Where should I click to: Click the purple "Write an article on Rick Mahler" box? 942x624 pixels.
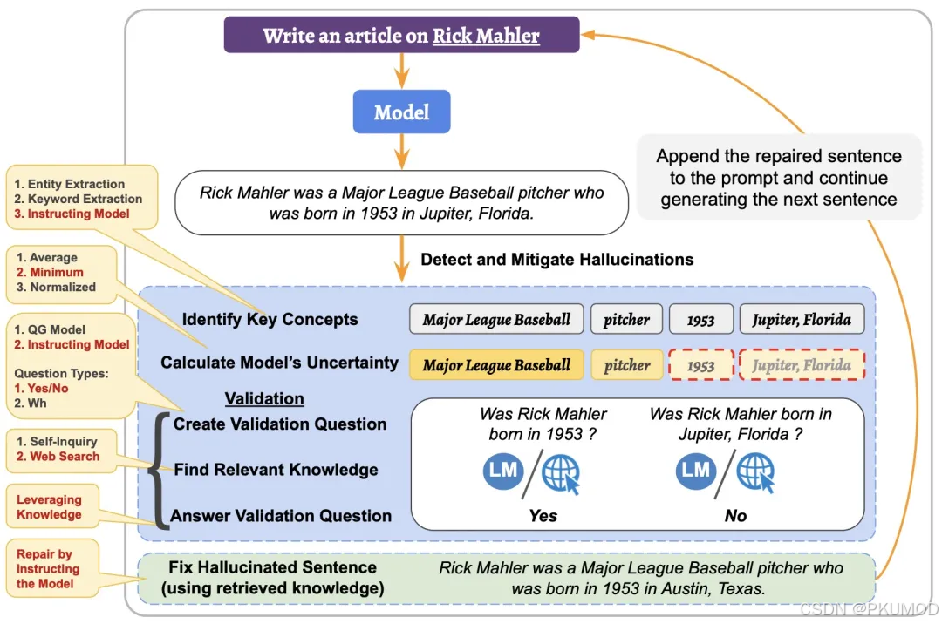[401, 36]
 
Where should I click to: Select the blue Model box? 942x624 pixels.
[401, 112]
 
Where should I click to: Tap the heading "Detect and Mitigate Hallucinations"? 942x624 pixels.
[556, 259]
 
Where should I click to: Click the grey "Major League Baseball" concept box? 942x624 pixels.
[496, 319]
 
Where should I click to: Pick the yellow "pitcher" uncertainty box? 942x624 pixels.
[627, 365]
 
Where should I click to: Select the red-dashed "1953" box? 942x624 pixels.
[700, 366]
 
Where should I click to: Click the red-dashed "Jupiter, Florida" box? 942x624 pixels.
[802, 365]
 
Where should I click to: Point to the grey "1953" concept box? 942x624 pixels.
[700, 320]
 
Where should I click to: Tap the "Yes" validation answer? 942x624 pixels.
[543, 515]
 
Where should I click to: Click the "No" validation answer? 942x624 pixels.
[735, 515]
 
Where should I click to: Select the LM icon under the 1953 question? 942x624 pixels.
[503, 471]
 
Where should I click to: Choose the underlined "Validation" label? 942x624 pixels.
[264, 398]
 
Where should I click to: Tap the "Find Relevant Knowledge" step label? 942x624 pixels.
[276, 470]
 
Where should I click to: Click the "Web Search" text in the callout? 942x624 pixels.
[65, 456]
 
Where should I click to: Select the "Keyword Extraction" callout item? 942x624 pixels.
[78, 199]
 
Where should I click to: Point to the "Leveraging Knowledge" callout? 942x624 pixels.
[49, 506]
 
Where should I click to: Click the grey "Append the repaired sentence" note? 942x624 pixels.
[778, 178]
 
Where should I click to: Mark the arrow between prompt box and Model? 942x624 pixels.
[401, 71]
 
